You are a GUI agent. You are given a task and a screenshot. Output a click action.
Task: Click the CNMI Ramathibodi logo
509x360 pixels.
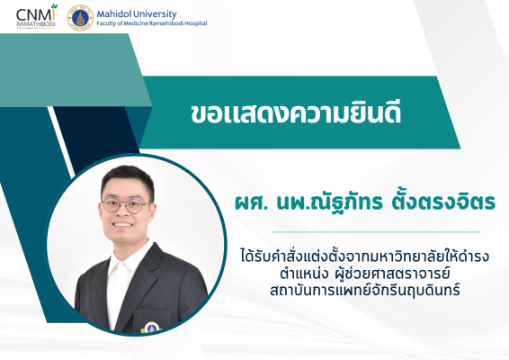click(36, 16)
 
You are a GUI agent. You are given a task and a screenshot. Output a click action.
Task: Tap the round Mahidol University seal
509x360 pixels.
click(80, 17)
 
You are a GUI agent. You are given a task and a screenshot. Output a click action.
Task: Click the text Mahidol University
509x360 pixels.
click(137, 14)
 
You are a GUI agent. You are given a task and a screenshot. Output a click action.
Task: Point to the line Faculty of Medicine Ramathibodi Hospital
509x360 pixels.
click(152, 23)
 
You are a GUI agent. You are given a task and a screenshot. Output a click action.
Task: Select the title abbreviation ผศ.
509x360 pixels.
click(251, 202)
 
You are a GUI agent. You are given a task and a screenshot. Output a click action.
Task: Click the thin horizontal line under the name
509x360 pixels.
click(376, 232)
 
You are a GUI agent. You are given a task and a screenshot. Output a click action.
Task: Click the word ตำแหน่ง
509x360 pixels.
click(302, 274)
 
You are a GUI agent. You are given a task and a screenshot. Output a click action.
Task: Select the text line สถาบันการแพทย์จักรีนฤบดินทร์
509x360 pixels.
click(364, 290)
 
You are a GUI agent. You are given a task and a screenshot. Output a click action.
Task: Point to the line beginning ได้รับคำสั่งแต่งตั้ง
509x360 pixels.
click(364, 256)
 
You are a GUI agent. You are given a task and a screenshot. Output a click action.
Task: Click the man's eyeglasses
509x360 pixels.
click(126, 205)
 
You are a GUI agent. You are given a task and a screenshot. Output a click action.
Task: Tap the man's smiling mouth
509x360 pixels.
click(122, 224)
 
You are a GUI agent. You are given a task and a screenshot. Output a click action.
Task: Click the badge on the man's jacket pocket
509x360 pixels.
click(151, 328)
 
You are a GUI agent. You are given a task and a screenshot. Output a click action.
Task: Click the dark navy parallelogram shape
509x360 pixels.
click(96, 138)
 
